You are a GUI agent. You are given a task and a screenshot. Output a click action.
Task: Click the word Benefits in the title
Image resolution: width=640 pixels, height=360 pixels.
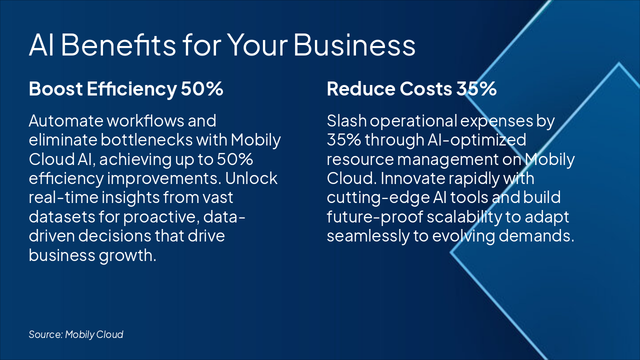tap(118, 45)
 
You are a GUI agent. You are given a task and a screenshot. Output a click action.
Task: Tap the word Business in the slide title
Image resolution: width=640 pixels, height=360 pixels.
tap(354, 45)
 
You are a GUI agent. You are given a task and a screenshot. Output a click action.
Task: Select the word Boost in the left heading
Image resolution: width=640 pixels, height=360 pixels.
tap(56, 89)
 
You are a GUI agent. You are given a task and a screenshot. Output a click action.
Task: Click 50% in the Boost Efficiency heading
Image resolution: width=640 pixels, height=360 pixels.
tap(202, 89)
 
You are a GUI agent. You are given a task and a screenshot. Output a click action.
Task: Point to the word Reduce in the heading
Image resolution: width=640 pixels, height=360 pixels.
tap(361, 89)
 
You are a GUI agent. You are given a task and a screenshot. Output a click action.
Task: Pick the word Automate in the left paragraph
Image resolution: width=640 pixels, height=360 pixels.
tap(66, 121)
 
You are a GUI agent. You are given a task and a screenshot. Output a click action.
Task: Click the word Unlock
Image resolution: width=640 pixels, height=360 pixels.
tap(251, 178)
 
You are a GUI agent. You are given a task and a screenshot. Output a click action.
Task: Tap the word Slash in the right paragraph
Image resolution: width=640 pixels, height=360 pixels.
tap(346, 121)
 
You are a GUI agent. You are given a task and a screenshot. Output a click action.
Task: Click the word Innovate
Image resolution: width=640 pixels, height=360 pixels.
tap(413, 178)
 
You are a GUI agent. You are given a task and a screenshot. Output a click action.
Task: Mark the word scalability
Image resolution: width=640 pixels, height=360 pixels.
tap(464, 217)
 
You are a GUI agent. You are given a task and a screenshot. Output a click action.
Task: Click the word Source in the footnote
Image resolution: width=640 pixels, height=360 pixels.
tap(45, 334)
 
